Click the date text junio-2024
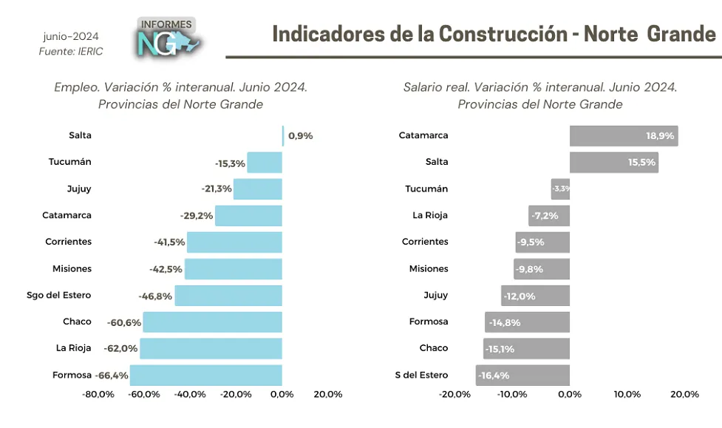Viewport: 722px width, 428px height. (x=71, y=36)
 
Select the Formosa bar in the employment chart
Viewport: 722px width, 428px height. (x=206, y=375)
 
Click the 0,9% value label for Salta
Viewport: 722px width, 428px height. (x=300, y=136)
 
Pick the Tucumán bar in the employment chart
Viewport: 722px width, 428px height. (x=265, y=163)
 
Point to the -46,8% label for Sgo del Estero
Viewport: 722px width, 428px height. (x=155, y=296)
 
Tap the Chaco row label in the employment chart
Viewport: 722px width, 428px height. (x=77, y=322)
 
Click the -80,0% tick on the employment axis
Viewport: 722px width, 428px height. (x=98, y=394)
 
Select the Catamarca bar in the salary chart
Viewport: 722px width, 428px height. (x=623, y=136)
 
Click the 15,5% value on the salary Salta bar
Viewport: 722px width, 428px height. (x=641, y=163)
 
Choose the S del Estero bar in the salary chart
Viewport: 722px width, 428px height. (x=522, y=375)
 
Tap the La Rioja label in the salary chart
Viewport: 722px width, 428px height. (x=430, y=215)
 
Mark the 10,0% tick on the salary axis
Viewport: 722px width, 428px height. (x=627, y=394)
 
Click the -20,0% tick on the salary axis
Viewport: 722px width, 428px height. (x=454, y=394)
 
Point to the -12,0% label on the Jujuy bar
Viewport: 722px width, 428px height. (x=520, y=296)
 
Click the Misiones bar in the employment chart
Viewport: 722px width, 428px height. (x=234, y=269)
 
